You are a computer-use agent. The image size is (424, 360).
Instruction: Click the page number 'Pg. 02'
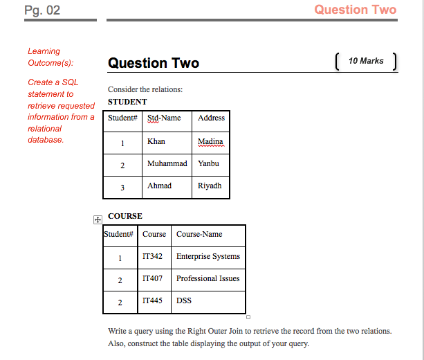pyautogui.click(x=42, y=10)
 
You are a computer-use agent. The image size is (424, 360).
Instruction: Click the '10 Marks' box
pyautogui.click(x=366, y=61)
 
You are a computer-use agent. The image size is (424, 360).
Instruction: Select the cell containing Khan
pyautogui.click(x=167, y=143)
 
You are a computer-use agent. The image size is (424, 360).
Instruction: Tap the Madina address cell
pyautogui.click(x=211, y=143)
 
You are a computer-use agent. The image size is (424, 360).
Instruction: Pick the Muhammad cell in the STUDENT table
pyautogui.click(x=167, y=165)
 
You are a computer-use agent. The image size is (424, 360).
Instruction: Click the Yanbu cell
pyautogui.click(x=211, y=165)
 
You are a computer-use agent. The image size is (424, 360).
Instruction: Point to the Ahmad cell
pyautogui.click(x=167, y=188)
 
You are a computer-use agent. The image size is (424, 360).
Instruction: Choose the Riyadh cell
pyautogui.click(x=211, y=188)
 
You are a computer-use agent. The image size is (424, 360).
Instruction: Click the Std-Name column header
pyautogui.click(x=167, y=121)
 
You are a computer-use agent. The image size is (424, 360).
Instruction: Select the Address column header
pyautogui.click(x=211, y=121)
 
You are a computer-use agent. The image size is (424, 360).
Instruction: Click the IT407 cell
pyautogui.click(x=154, y=280)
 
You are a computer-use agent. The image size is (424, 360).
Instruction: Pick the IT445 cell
pyautogui.click(x=154, y=302)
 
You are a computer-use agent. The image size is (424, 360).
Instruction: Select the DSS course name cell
pyautogui.click(x=208, y=302)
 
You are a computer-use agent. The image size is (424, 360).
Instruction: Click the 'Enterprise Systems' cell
pyautogui.click(x=208, y=258)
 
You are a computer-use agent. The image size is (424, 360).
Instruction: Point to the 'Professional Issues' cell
pyautogui.click(x=208, y=280)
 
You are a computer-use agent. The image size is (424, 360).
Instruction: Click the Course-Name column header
pyautogui.click(x=208, y=236)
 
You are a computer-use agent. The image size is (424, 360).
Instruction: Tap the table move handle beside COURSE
pyautogui.click(x=98, y=219)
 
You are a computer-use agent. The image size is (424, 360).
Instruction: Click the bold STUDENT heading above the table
pyautogui.click(x=127, y=102)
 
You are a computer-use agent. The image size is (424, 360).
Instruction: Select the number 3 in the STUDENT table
pyautogui.click(x=122, y=188)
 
